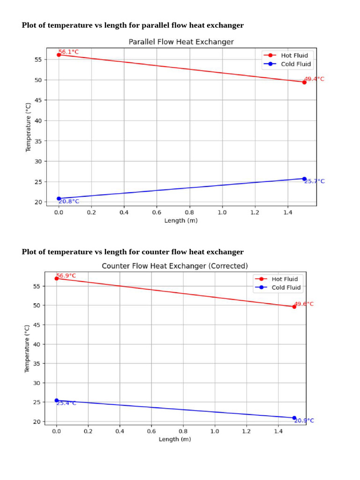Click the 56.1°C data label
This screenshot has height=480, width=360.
(x=68, y=52)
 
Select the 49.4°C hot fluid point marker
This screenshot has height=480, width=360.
(x=304, y=82)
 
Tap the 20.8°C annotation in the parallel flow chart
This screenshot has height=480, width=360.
(x=69, y=202)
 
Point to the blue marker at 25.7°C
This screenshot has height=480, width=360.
(x=304, y=179)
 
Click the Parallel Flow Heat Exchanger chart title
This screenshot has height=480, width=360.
(x=181, y=42)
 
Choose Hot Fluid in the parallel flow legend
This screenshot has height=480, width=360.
(x=294, y=55)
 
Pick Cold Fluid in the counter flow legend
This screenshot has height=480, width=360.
(x=286, y=287)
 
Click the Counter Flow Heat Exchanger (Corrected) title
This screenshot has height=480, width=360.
(x=175, y=266)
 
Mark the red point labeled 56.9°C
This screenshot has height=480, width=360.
(x=57, y=278)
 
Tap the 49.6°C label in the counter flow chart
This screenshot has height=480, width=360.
(x=304, y=304)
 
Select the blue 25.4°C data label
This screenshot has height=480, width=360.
(x=66, y=403)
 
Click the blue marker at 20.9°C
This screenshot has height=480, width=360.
(x=294, y=418)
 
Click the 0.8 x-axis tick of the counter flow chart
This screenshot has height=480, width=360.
(x=183, y=431)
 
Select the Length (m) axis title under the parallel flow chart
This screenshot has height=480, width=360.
(x=181, y=221)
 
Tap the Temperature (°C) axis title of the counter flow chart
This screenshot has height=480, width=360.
(x=27, y=348)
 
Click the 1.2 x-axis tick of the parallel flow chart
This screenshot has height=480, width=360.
(x=255, y=212)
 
